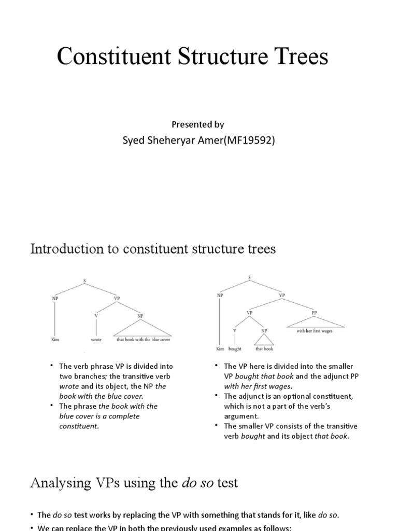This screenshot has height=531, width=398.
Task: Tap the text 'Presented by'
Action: pos(198,124)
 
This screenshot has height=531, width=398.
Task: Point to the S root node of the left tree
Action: pos(84,282)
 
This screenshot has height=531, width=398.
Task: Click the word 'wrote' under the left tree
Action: pos(96,340)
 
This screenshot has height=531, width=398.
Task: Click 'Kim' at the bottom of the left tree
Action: pos(54,340)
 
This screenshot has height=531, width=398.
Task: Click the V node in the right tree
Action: pos(235,330)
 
